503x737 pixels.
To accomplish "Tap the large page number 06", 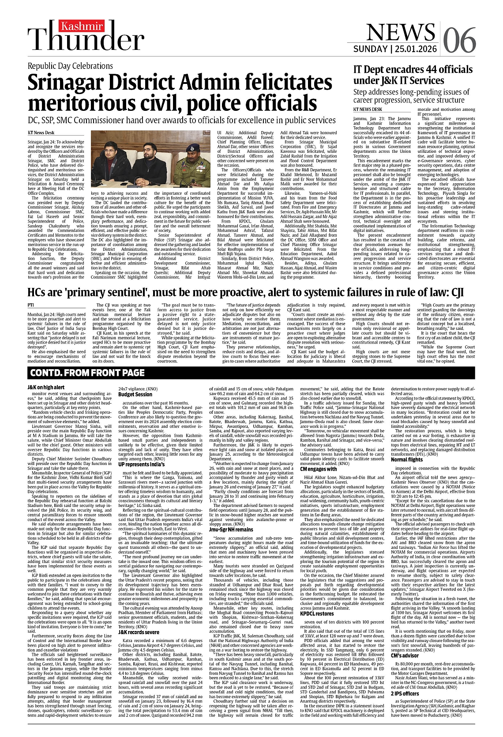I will pos(459,40).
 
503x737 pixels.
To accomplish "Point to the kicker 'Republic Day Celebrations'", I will pos(70,66).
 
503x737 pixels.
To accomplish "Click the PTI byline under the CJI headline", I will pos(30,305).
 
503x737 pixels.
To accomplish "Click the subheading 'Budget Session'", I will pos(135,394).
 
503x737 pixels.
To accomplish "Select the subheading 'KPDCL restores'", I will pos(317,614).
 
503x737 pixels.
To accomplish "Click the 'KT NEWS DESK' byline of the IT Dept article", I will pos(368,109).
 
